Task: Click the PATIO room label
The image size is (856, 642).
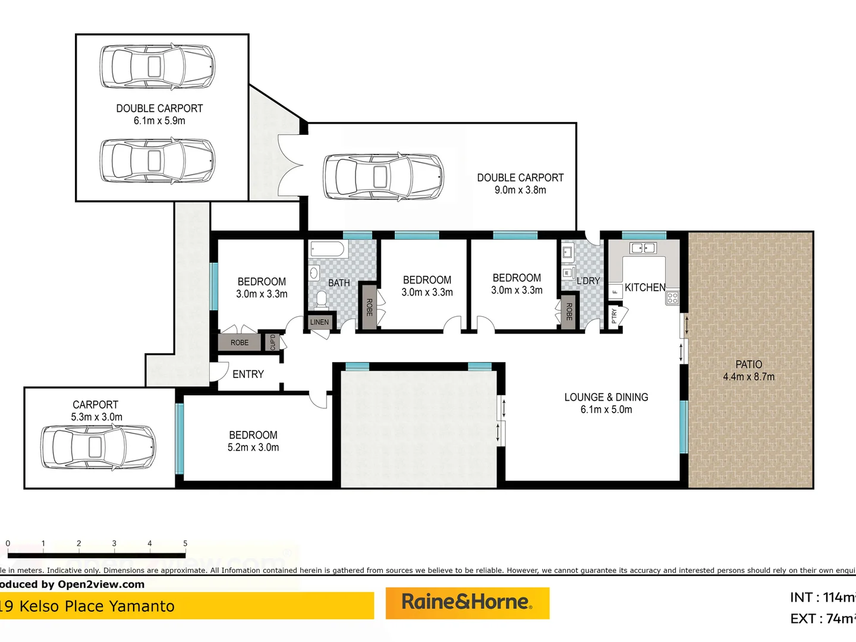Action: point(748,364)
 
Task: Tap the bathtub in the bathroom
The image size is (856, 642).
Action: point(326,249)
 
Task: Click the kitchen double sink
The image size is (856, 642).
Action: point(643,248)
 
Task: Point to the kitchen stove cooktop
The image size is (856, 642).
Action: point(672,298)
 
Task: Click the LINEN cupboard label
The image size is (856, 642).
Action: point(319,322)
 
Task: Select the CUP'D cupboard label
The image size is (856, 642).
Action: point(273,342)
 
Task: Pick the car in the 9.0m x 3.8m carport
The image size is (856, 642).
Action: point(383,177)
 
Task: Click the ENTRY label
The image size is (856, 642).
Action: point(248,374)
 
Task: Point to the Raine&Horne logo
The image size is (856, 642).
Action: point(467,603)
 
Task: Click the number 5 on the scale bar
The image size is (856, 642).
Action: point(185,543)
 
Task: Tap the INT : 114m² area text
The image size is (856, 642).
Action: point(822,597)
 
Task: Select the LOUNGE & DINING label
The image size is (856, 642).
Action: point(606,397)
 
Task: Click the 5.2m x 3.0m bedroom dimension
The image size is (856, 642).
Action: point(253,448)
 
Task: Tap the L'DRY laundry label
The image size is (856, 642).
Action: point(588,281)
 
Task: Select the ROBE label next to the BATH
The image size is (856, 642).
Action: point(369,307)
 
